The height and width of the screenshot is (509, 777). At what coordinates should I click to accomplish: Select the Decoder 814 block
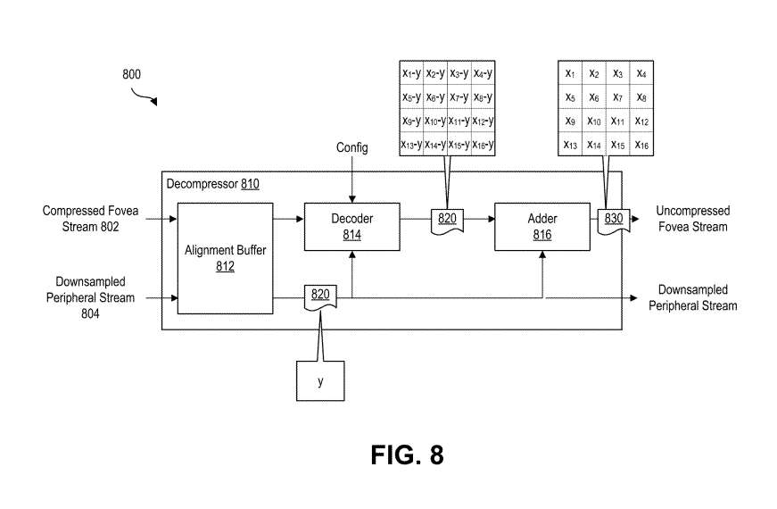(351, 226)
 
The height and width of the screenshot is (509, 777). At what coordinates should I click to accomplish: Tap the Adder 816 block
(542, 226)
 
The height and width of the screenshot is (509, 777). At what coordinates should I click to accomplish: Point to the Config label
(351, 147)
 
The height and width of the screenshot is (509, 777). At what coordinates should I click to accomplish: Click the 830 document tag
(614, 219)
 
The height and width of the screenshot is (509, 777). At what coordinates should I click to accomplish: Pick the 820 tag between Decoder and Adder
(447, 219)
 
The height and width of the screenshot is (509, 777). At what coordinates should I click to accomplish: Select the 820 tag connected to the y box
(320, 296)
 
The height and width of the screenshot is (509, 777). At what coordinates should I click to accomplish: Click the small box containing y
(320, 380)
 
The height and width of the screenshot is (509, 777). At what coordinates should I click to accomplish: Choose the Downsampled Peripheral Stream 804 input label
(90, 297)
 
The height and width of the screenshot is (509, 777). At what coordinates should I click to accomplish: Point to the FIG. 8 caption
(407, 455)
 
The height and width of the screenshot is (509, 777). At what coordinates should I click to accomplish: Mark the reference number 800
(131, 75)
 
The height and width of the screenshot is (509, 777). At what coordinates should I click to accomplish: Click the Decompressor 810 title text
(212, 185)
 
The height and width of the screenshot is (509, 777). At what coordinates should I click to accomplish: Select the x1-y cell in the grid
(412, 73)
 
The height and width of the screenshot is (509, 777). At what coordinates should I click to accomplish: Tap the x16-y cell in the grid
(483, 145)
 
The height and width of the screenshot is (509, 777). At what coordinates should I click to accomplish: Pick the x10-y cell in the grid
(435, 121)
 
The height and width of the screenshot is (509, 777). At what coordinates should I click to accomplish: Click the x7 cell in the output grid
(617, 96)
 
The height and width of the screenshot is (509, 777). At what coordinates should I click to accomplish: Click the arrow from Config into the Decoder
(353, 183)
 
